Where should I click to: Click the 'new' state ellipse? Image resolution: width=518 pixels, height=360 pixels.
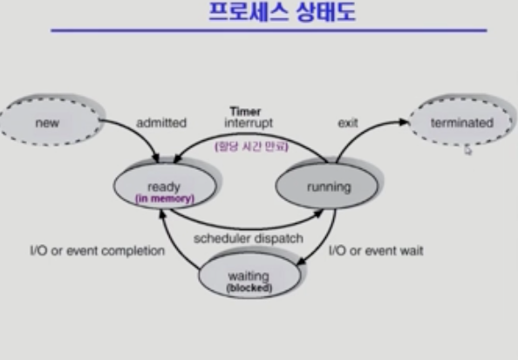50,122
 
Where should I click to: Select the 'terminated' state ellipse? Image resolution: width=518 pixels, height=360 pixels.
461,122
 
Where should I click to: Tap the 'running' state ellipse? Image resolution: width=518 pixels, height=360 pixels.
327,186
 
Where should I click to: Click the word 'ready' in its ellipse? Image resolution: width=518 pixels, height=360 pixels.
164,187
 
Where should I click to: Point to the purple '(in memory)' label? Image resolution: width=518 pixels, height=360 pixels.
165,199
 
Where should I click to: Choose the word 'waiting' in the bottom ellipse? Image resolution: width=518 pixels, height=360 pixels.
249,275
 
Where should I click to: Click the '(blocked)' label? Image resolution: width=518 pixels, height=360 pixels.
249,288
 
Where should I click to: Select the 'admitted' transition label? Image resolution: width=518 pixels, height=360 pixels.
161,123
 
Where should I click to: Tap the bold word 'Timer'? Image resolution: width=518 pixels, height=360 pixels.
245,112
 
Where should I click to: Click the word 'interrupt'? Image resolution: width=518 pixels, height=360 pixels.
249,123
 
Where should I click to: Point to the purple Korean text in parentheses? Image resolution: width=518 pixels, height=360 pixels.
251,146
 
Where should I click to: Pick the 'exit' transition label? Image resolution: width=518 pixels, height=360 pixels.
348,123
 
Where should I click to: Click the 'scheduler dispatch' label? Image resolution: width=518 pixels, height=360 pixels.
249,238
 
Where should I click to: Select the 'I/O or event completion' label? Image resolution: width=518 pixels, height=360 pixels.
98,251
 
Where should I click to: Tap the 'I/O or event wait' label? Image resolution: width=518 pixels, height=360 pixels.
376,251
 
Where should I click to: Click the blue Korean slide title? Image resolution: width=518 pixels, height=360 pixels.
283,12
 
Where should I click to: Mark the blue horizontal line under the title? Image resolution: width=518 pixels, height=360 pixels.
269,31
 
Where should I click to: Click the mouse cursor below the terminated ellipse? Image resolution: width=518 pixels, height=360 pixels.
467,151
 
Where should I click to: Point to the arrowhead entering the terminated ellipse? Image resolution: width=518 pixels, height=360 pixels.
405,122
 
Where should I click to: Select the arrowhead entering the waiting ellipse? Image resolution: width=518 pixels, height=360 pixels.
301,262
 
